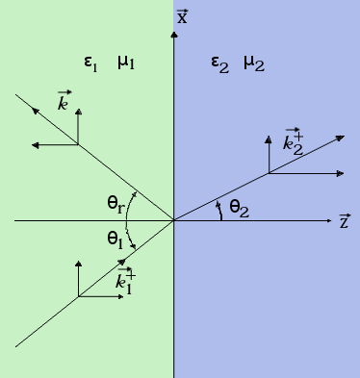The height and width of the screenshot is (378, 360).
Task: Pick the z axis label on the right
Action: click(x=345, y=221)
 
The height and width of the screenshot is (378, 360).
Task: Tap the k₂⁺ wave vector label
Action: click(x=293, y=142)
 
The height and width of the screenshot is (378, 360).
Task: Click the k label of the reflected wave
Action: click(x=64, y=102)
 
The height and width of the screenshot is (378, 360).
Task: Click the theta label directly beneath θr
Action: click(x=115, y=238)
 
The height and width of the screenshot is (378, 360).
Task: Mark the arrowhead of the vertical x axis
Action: click(x=174, y=35)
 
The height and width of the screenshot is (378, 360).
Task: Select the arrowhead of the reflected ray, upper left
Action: click(x=34, y=110)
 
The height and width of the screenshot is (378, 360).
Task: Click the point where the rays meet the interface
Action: click(x=174, y=220)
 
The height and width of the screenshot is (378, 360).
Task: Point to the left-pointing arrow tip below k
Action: click(x=34, y=145)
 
